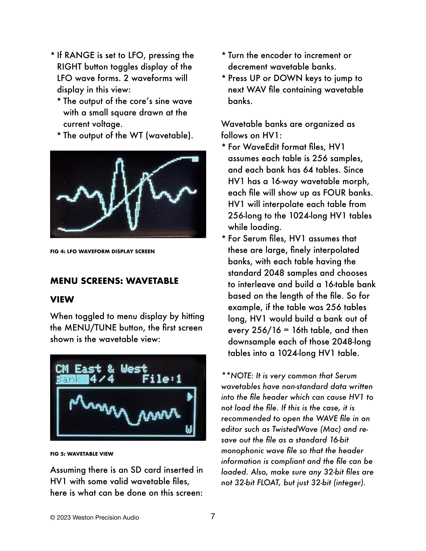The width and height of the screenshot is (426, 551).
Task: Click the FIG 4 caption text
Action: (102, 251)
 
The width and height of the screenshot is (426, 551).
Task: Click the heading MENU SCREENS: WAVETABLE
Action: (114, 281)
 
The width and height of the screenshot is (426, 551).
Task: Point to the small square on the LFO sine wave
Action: (195, 159)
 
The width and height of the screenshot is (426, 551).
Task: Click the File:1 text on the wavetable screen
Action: (162, 379)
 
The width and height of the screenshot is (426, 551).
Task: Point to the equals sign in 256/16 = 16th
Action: (287, 330)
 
